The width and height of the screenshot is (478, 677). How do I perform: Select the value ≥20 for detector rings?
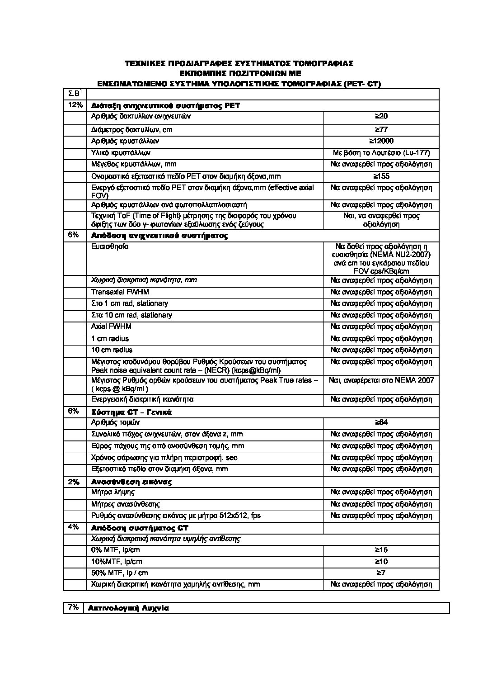(x=381, y=117)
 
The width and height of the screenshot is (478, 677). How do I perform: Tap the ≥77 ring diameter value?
(x=381, y=130)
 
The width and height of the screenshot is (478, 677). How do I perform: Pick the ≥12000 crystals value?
(x=381, y=141)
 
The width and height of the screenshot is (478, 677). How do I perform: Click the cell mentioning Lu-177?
(x=381, y=153)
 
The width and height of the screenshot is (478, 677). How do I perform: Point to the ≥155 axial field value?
(x=381, y=176)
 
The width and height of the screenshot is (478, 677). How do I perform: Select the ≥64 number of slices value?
(x=381, y=422)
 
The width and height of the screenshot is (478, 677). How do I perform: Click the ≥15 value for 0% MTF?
(x=381, y=550)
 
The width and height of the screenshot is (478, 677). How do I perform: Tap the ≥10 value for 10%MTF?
(x=381, y=562)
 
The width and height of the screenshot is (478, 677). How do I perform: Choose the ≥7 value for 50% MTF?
(x=381, y=573)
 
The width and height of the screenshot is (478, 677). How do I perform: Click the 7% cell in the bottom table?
(x=73, y=608)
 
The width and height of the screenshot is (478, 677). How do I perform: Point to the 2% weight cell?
(x=74, y=482)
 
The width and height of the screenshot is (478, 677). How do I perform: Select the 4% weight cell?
(x=74, y=527)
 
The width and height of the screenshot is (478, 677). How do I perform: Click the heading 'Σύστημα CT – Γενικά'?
(x=131, y=412)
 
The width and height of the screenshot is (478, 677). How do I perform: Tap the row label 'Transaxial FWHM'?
(x=120, y=292)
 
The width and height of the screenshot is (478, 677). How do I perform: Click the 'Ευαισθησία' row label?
(x=110, y=247)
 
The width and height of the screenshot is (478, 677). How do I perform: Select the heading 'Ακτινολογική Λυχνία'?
(x=128, y=608)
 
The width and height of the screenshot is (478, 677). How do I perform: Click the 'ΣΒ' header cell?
(x=74, y=94)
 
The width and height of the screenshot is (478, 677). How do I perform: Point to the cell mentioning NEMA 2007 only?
(x=381, y=380)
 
